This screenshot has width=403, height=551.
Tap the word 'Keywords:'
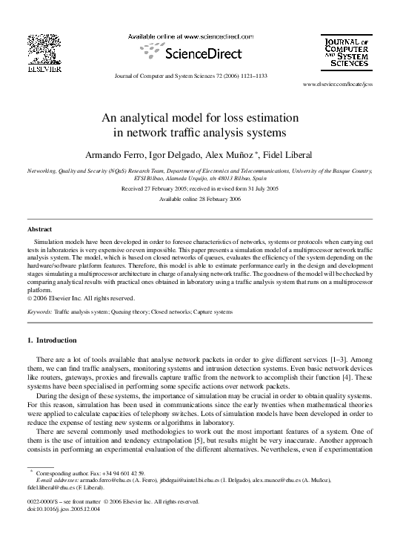(39, 313)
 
